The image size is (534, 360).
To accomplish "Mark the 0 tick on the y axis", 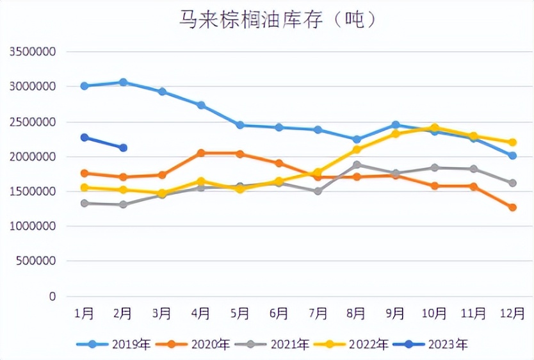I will (53, 297).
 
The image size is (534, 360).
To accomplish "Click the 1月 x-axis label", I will (84, 313).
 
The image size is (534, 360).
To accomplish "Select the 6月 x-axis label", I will (279, 313).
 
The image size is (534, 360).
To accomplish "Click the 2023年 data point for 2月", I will (123, 148).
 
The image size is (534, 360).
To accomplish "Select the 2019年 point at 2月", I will (123, 83).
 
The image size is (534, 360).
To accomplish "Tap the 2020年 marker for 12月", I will (512, 208).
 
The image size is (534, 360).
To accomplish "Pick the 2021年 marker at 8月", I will (357, 165).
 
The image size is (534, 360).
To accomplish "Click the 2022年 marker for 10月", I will (434, 127).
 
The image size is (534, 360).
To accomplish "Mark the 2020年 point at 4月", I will (201, 153).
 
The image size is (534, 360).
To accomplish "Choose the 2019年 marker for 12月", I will (512, 156).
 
